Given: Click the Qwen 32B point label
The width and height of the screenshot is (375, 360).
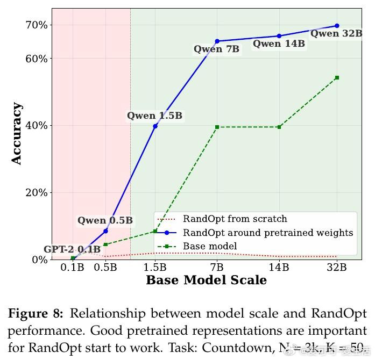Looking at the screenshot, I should coord(336,33).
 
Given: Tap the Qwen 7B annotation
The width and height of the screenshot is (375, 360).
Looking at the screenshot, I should coord(216,49).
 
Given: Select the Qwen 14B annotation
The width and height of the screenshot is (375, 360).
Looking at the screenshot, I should coord(279,44).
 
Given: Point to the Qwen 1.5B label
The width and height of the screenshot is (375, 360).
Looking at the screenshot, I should coord(154,116).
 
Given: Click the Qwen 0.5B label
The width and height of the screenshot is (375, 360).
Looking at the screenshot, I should coord(105,220).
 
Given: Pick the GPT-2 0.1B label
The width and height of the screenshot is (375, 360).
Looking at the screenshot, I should coord(72,249).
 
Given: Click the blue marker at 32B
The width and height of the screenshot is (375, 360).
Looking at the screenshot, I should coord(337,26).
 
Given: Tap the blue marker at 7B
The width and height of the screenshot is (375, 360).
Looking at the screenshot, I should coord(217,41).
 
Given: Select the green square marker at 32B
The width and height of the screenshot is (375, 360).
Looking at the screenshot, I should coord(337,78).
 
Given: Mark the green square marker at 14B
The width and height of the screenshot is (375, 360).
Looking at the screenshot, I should coord(279,127).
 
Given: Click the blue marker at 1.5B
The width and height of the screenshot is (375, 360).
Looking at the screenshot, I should coord(155,126).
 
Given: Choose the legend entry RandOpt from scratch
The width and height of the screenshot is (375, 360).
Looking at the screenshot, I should coord(235,219).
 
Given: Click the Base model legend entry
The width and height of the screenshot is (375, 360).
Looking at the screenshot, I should coord(210,246).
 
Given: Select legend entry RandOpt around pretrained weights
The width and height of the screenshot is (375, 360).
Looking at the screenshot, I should coord(267,233).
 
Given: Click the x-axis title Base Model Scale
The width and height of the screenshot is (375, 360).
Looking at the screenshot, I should coord(206,280).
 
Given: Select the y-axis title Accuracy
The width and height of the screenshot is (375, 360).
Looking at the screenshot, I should coord(17,133).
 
